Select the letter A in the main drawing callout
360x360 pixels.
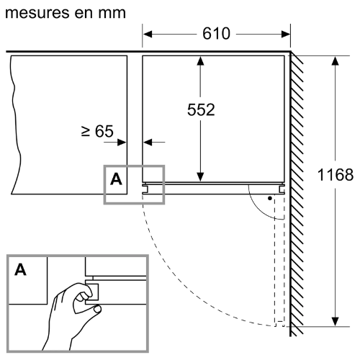pos(116,179)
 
